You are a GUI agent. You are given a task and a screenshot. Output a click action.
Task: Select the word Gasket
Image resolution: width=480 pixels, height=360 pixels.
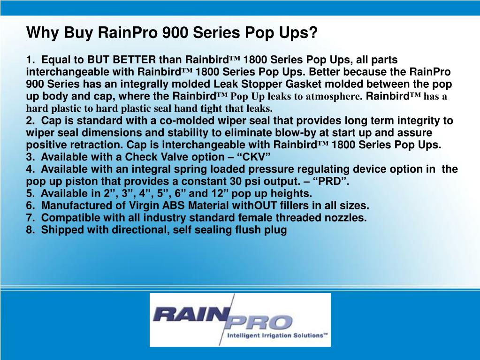point(344,84)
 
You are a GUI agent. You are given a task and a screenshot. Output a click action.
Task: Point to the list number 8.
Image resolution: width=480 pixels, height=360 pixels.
point(30,230)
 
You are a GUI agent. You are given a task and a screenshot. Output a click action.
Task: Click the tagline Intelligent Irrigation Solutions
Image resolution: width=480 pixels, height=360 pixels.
point(276,336)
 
